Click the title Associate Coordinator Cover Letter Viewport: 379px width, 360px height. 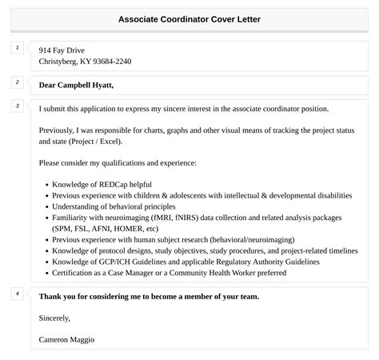tap(189, 18)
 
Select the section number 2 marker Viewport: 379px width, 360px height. tap(18, 82)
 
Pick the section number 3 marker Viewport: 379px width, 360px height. tap(18, 106)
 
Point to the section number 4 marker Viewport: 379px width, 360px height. tap(18, 294)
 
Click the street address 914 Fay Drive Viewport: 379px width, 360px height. tap(62, 50)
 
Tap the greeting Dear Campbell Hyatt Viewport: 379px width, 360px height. tap(76, 85)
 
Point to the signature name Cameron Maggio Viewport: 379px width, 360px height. tap(66, 339)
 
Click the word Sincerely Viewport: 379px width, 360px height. tap(54, 318)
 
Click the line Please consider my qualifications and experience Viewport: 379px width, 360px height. tap(117, 163)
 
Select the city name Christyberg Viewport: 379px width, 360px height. tap(60, 62)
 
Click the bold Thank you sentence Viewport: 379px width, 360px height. tap(149, 296)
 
